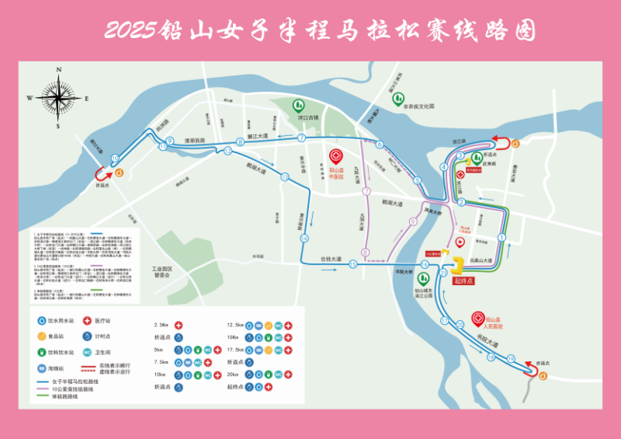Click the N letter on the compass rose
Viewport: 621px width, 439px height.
[x=58, y=70]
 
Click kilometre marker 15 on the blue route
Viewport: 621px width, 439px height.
[x=352, y=265]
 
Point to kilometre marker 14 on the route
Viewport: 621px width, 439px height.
[x=305, y=238]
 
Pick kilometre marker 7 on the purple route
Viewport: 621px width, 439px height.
[x=365, y=191]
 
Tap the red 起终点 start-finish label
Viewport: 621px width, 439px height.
[x=463, y=280]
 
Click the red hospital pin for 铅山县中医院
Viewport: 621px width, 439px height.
[x=337, y=155]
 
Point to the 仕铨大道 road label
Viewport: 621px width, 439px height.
[x=331, y=258]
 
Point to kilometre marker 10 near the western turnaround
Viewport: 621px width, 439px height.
[x=115, y=159]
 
